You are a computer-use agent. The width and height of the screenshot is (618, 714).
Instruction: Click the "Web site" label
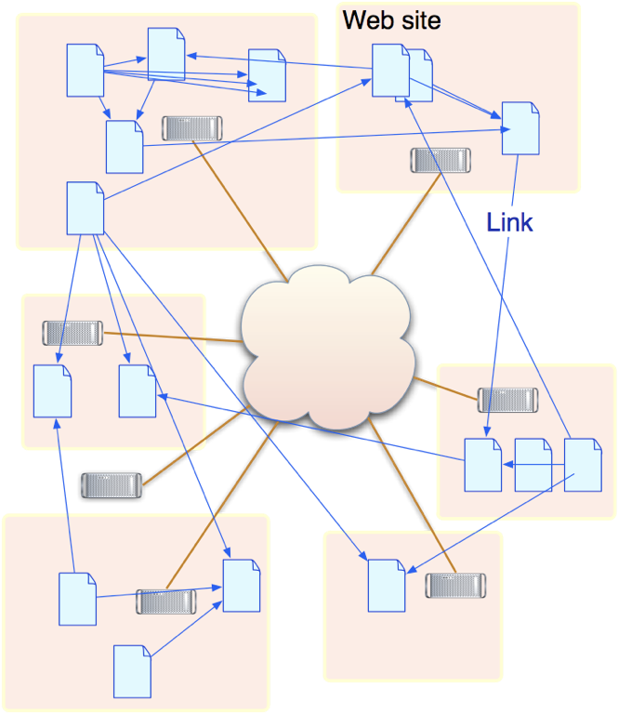coord(391,20)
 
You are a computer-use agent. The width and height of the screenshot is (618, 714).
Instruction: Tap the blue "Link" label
coord(510,221)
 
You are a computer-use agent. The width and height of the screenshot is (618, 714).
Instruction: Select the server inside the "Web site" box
coord(440,160)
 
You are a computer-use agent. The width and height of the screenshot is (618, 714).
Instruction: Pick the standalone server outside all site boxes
coord(112,484)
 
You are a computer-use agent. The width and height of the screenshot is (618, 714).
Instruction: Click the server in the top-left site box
coord(192,128)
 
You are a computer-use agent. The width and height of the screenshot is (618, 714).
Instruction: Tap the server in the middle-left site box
coord(72,332)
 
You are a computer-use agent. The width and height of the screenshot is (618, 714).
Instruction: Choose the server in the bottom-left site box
coord(166,602)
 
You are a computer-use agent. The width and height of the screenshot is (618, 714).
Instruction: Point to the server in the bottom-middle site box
coord(456,586)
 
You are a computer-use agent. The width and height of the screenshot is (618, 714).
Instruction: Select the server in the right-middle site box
coord(507,400)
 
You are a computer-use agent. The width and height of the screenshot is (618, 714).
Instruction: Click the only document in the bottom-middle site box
coord(387,585)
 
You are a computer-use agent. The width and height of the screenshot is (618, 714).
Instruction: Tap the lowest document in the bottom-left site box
coord(132,671)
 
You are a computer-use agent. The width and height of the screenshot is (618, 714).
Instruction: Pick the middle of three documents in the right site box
coord(533,465)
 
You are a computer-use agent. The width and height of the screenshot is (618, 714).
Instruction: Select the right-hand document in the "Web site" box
coord(520,128)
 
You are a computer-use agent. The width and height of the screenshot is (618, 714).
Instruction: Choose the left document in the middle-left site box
coord(52,391)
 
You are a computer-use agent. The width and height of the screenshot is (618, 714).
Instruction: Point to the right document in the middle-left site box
coord(138,391)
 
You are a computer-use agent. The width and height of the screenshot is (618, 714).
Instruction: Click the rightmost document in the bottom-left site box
coord(242,585)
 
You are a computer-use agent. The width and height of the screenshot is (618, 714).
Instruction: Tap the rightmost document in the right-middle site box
coord(583,464)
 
